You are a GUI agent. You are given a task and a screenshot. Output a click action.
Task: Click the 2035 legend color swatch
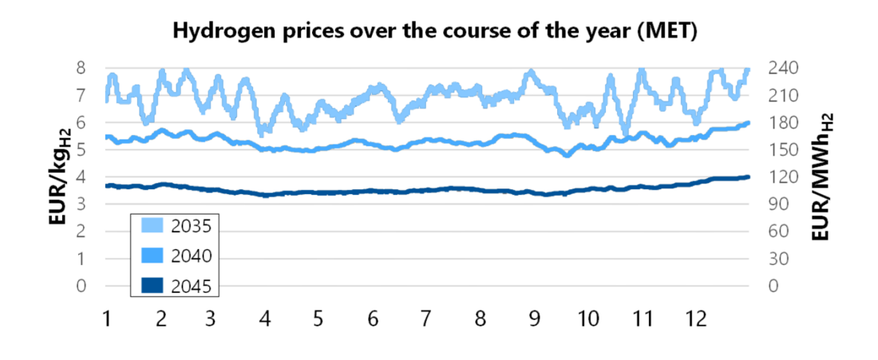[152, 226]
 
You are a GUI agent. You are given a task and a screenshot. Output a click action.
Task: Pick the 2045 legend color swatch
[152, 285]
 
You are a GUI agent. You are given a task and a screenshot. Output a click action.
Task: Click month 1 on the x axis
[107, 318]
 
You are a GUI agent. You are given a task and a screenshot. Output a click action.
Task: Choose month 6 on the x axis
[373, 318]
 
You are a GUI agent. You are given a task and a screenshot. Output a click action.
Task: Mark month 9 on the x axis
[533, 318]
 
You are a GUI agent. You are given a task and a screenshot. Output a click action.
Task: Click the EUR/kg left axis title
[61, 176]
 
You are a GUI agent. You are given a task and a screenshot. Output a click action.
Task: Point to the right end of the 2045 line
[748, 177]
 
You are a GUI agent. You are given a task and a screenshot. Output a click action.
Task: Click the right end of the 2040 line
[748, 123]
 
